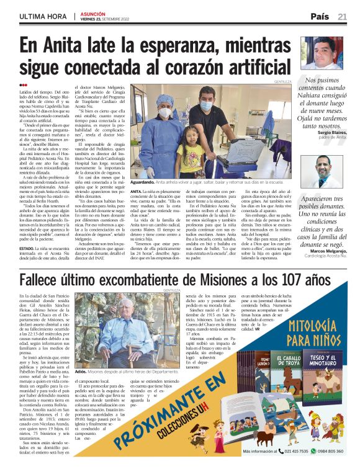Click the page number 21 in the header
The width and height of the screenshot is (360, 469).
coord(343,16)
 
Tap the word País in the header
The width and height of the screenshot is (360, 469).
coord(320,16)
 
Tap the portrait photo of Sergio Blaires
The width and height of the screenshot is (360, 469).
coord(322,53)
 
